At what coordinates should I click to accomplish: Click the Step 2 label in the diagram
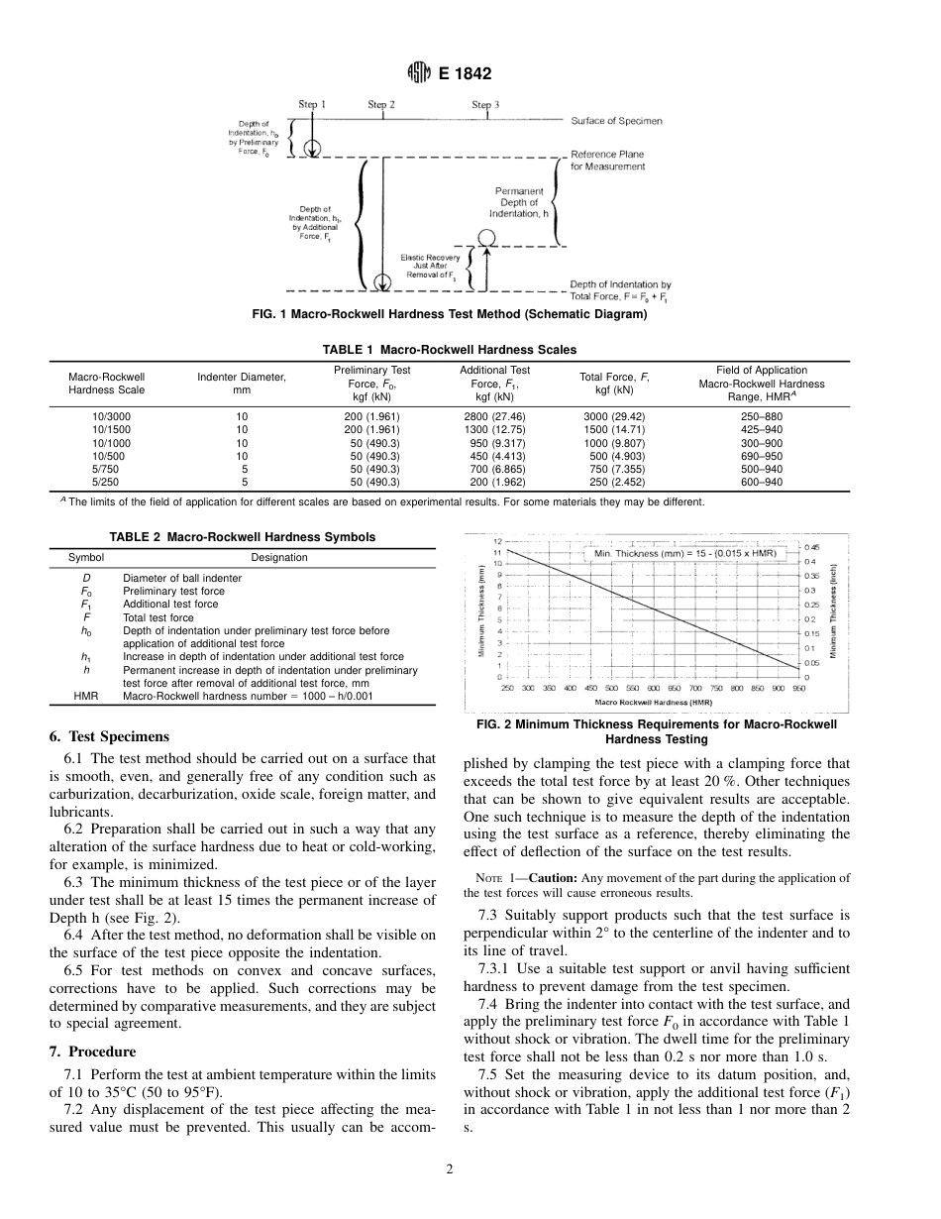(381, 104)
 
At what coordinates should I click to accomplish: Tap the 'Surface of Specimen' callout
(616, 121)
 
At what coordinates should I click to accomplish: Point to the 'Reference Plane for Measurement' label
(607, 161)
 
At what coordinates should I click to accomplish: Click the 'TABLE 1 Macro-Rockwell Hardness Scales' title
(449, 350)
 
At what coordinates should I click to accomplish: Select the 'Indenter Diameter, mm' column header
(242, 384)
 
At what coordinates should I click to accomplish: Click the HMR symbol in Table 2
(86, 696)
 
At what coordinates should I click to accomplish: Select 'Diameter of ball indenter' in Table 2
(181, 578)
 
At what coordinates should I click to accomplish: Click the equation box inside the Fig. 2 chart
(684, 553)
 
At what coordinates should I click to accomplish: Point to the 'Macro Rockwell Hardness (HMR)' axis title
(653, 702)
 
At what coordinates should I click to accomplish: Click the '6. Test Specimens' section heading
(109, 736)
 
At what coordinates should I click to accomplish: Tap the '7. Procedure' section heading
(92, 1051)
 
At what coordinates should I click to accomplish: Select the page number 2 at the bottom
(449, 1169)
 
